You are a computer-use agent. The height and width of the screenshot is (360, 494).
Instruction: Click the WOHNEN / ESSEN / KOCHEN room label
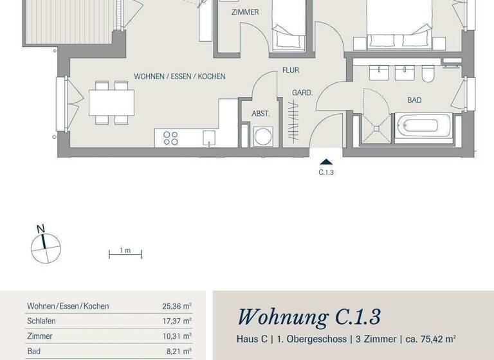179,76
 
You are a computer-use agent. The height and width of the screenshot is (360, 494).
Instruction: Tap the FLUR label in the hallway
290,71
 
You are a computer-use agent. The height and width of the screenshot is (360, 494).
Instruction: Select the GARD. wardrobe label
302,93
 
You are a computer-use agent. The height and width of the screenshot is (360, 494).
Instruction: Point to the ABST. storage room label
261,114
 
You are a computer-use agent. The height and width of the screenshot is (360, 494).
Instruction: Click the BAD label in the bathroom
414,100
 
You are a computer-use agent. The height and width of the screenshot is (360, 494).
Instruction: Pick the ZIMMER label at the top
245,12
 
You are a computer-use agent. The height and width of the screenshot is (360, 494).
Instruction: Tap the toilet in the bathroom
427,76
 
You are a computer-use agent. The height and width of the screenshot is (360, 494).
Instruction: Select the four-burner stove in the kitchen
170,138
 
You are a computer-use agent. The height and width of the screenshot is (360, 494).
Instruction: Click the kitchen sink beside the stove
208,138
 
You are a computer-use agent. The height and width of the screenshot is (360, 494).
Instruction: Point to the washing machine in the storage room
263,136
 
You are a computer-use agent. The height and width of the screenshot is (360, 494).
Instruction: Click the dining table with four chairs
111,102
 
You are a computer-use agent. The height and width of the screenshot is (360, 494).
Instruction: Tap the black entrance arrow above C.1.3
327,163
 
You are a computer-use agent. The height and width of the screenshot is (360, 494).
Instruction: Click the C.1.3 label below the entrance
327,172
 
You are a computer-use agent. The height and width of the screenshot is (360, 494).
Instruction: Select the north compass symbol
46,247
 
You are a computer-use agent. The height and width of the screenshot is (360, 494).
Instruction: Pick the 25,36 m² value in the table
176,307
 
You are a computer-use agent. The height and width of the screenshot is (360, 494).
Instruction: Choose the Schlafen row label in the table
41,321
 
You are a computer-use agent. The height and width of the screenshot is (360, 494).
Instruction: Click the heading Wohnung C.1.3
309,317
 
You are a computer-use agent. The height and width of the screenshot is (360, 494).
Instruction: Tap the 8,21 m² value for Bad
178,352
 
